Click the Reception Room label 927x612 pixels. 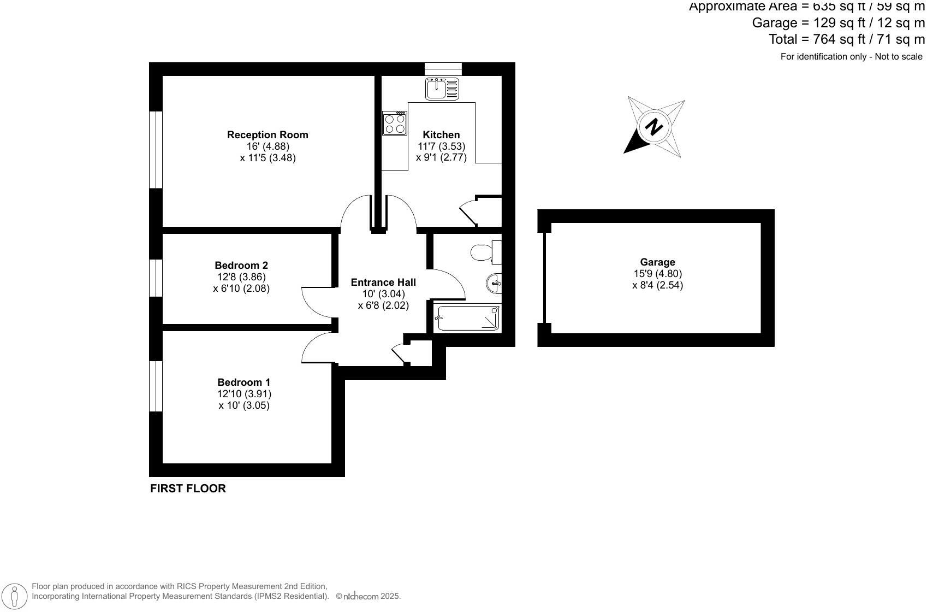click(268, 135)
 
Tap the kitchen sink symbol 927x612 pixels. click(442, 89)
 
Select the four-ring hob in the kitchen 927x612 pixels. click(395, 123)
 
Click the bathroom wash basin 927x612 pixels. click(494, 283)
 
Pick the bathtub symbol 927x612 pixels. click(468, 319)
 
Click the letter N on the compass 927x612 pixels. click(653, 127)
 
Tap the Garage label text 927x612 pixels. click(657, 262)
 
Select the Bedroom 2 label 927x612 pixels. click(241, 266)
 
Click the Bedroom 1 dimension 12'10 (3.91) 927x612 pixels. click(244, 394)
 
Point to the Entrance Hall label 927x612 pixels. click(383, 283)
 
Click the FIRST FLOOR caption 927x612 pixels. click(188, 489)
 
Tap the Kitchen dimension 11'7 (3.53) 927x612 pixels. click(441, 146)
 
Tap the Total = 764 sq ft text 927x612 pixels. click(846, 39)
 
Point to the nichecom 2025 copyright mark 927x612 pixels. click(368, 597)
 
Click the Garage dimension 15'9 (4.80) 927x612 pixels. click(657, 274)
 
